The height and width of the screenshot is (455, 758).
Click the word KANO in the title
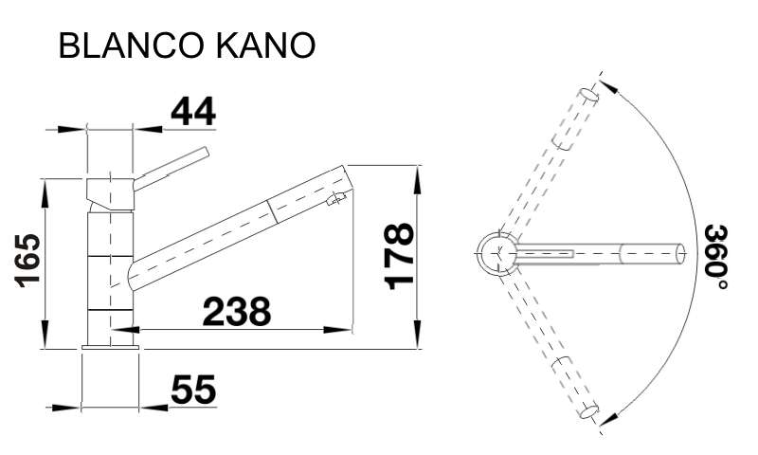pos(265,45)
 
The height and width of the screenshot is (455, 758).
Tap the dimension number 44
pos(193,111)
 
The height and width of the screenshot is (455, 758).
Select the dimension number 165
pos(27,261)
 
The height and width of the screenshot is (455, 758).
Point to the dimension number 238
pos(237,312)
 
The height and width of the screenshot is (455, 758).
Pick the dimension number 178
pos(399,256)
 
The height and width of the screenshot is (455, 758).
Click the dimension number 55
pos(193,390)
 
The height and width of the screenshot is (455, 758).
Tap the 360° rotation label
pos(716,257)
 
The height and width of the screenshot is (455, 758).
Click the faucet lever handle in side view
pos(171,169)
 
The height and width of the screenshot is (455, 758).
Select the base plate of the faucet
pos(111,347)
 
